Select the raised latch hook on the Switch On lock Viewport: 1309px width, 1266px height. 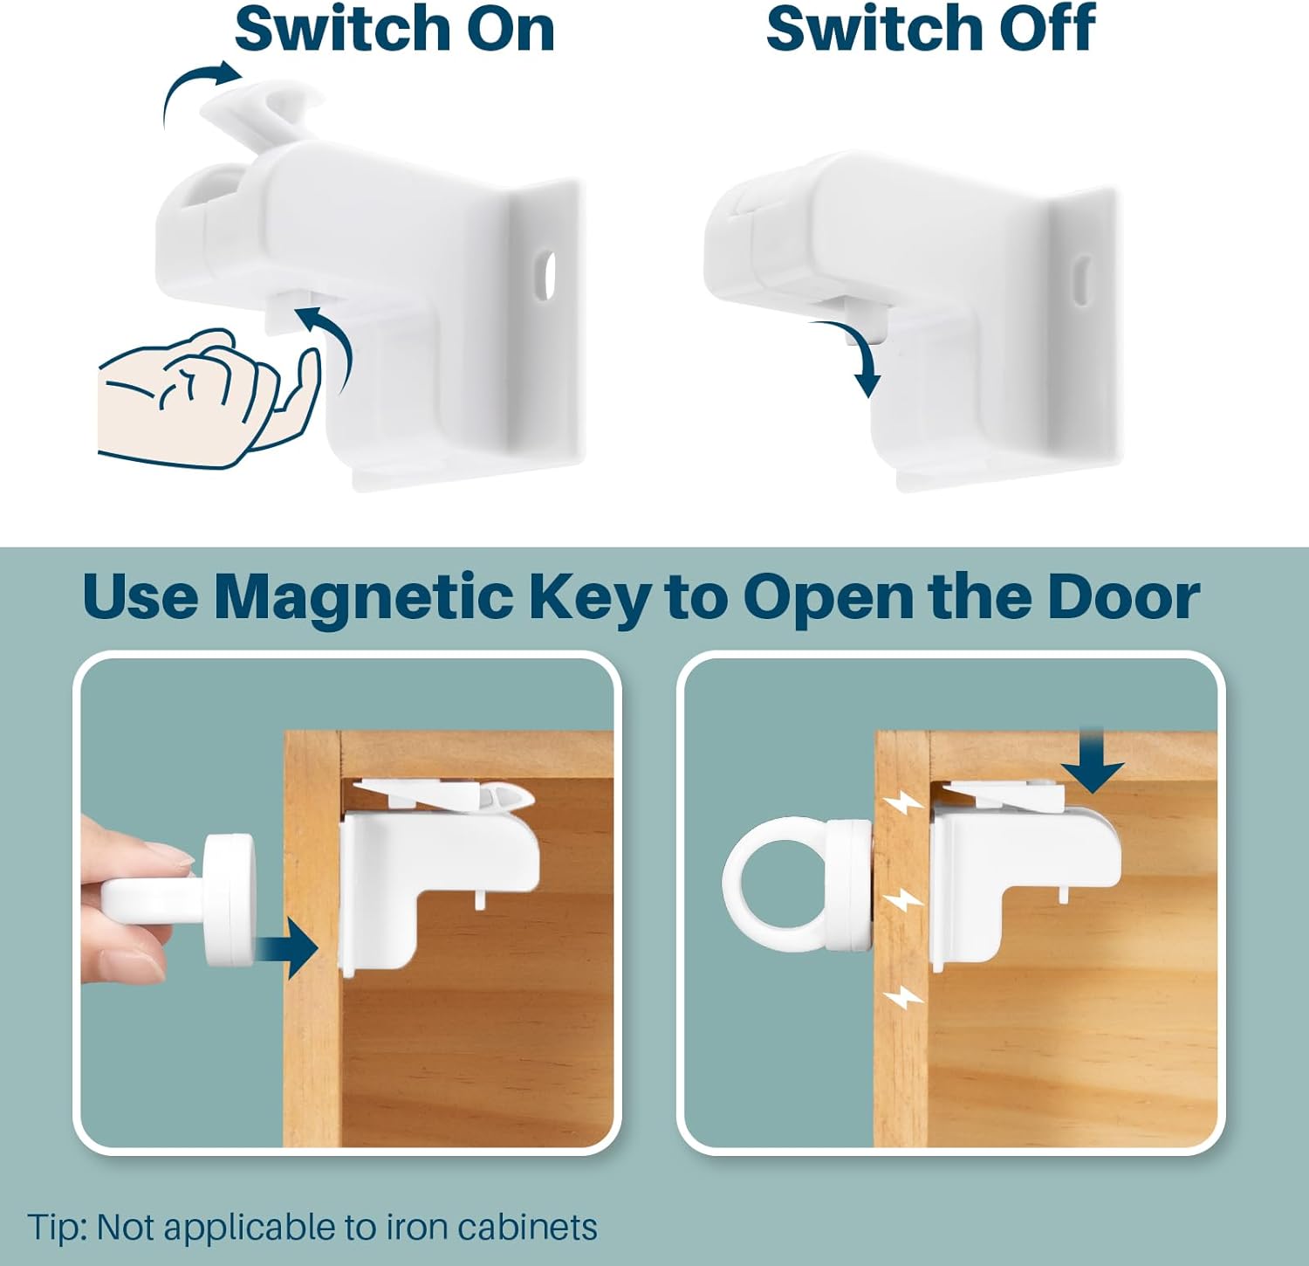coord(262,109)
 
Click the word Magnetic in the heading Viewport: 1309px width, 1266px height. coord(363,597)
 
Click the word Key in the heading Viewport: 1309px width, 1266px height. coord(590,597)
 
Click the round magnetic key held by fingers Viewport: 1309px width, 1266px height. coord(229,899)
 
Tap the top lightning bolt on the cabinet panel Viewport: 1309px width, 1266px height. coord(899,805)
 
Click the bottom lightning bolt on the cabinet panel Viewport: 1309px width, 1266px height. coord(902,996)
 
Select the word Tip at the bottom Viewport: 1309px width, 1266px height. coord(58,1228)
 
